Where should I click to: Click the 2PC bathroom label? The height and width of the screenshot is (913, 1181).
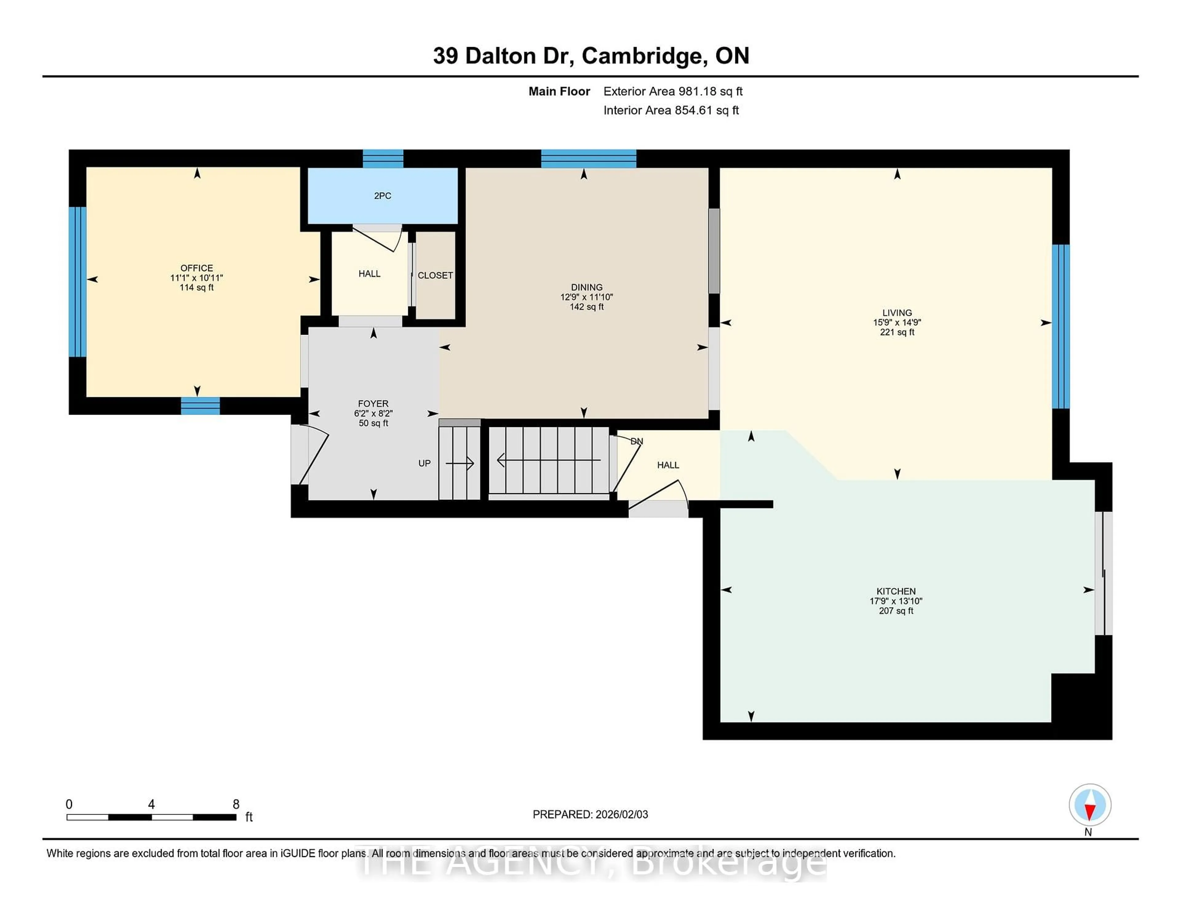click(x=382, y=196)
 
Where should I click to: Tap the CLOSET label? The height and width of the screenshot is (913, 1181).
click(x=435, y=275)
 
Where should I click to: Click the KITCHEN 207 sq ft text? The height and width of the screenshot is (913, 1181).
click(x=896, y=611)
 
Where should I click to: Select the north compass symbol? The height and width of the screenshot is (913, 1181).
click(x=1090, y=805)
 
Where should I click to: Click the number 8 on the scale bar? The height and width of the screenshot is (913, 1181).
click(x=236, y=804)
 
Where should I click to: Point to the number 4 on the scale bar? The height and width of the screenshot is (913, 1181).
click(x=151, y=804)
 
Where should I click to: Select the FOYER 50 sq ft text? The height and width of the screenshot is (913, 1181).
click(x=373, y=423)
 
